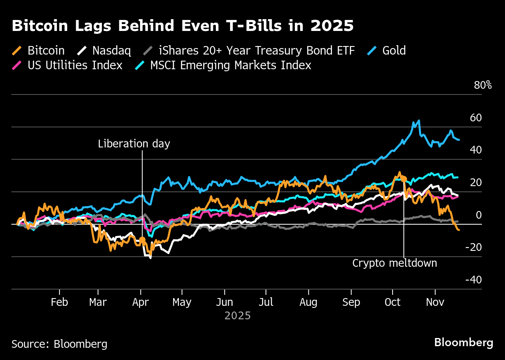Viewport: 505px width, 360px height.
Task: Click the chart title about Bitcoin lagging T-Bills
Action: click(182, 26)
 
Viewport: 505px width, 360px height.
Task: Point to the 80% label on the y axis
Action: click(483, 86)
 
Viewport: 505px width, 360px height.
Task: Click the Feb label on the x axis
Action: click(59, 302)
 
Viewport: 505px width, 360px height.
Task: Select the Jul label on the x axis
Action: click(266, 302)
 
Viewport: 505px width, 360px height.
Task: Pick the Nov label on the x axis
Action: click(435, 302)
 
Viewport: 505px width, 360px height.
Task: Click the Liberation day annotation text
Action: click(134, 144)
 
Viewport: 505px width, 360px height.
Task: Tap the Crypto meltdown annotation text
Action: click(394, 263)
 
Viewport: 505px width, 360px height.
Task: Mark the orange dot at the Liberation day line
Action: click(142, 240)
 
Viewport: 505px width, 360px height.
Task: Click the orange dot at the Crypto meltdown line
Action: click(404, 178)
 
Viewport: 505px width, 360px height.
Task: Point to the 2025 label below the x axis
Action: click(237, 316)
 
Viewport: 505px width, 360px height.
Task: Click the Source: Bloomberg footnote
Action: click(59, 344)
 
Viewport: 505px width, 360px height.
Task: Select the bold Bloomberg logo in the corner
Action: click(463, 342)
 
